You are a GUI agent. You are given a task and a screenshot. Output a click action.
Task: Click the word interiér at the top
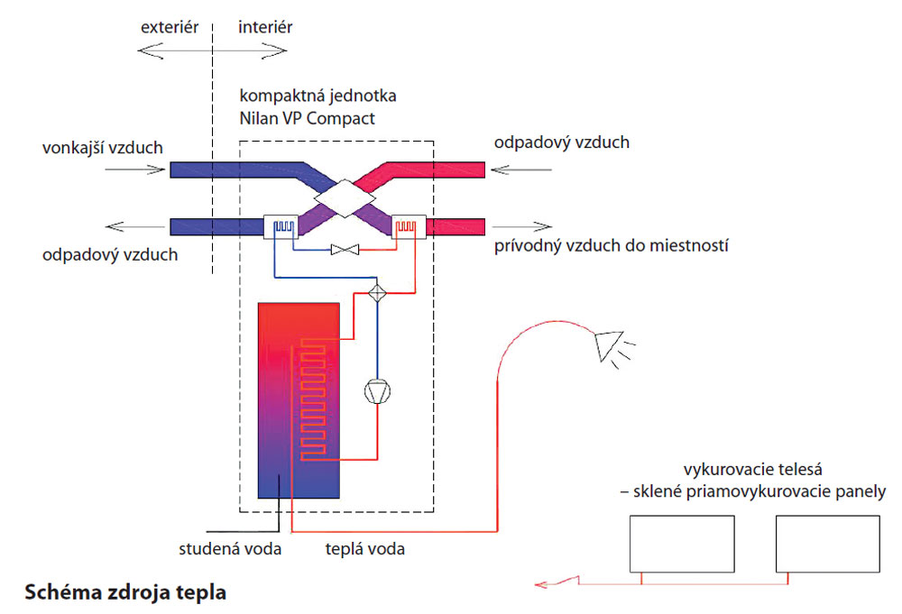click(265, 27)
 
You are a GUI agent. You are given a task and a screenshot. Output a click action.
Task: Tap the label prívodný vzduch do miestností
click(611, 245)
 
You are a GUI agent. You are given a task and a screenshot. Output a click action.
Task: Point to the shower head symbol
click(608, 344)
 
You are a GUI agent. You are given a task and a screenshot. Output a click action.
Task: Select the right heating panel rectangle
click(827, 544)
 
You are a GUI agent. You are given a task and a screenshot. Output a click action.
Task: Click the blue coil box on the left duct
click(281, 225)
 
